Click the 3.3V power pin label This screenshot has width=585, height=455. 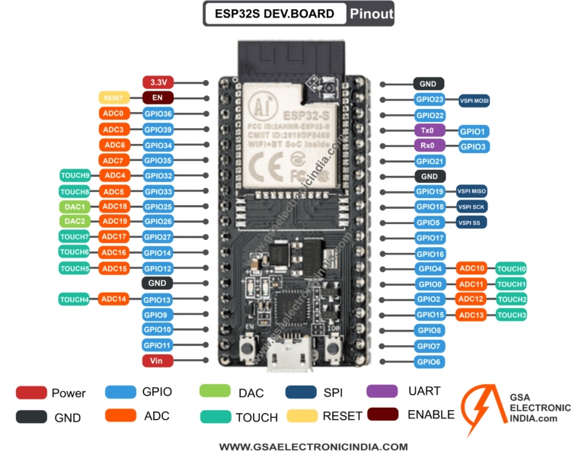[x=158, y=82]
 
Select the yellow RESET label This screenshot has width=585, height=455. [x=113, y=98]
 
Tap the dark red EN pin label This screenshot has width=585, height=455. [x=158, y=98]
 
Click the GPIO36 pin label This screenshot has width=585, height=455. [x=158, y=114]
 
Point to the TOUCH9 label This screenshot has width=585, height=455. [x=75, y=175]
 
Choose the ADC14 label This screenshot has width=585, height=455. [x=114, y=300]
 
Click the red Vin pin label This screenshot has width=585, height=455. [x=158, y=361]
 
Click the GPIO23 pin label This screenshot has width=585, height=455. [x=430, y=99]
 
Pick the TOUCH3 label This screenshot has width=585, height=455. [x=512, y=315]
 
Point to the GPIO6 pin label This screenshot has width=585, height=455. [x=430, y=361]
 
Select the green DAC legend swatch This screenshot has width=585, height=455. [x=216, y=391]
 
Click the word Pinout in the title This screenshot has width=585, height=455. [x=371, y=14]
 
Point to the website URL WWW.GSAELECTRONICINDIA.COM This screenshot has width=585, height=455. [x=313, y=447]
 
